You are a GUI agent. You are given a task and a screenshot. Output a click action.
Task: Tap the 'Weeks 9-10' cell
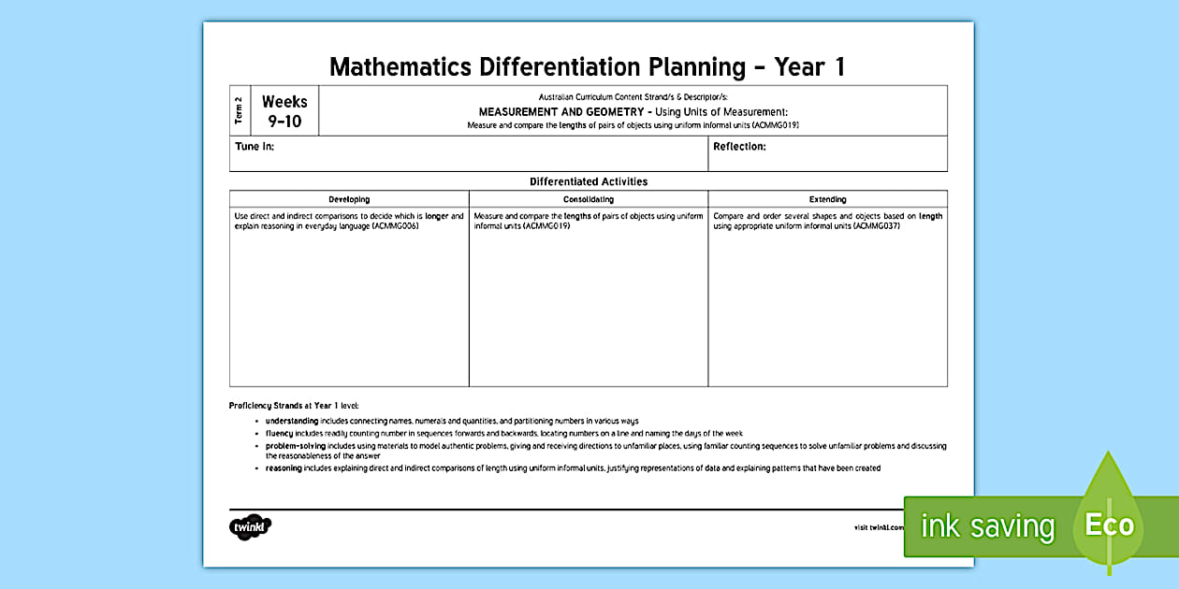pyautogui.click(x=284, y=111)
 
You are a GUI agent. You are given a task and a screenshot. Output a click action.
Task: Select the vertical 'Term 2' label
pyautogui.click(x=240, y=110)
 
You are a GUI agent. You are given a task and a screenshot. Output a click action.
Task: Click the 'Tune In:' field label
pyautogui.click(x=255, y=147)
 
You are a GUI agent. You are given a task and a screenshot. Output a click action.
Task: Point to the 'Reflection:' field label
pyautogui.click(x=739, y=147)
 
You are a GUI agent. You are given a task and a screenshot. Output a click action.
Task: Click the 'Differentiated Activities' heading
pyautogui.click(x=589, y=181)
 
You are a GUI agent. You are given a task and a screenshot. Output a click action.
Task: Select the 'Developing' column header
pyautogui.click(x=349, y=199)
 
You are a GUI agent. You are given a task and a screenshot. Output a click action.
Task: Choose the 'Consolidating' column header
pyautogui.click(x=589, y=199)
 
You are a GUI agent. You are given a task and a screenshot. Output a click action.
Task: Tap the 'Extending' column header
pyautogui.click(x=827, y=199)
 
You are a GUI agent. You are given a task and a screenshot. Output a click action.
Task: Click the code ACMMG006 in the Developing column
pyautogui.click(x=395, y=226)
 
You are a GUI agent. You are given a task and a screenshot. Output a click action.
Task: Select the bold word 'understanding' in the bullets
pyautogui.click(x=292, y=422)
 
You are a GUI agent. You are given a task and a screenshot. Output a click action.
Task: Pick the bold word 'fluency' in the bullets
pyautogui.click(x=279, y=434)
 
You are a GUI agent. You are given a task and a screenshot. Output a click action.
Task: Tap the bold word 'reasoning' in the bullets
pyautogui.click(x=284, y=468)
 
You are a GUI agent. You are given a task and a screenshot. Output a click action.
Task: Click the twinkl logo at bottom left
pyautogui.click(x=250, y=526)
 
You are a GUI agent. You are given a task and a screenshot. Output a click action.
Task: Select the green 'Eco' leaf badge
pyautogui.click(x=1110, y=524)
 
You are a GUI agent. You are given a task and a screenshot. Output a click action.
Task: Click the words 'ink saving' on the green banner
pyautogui.click(x=986, y=526)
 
